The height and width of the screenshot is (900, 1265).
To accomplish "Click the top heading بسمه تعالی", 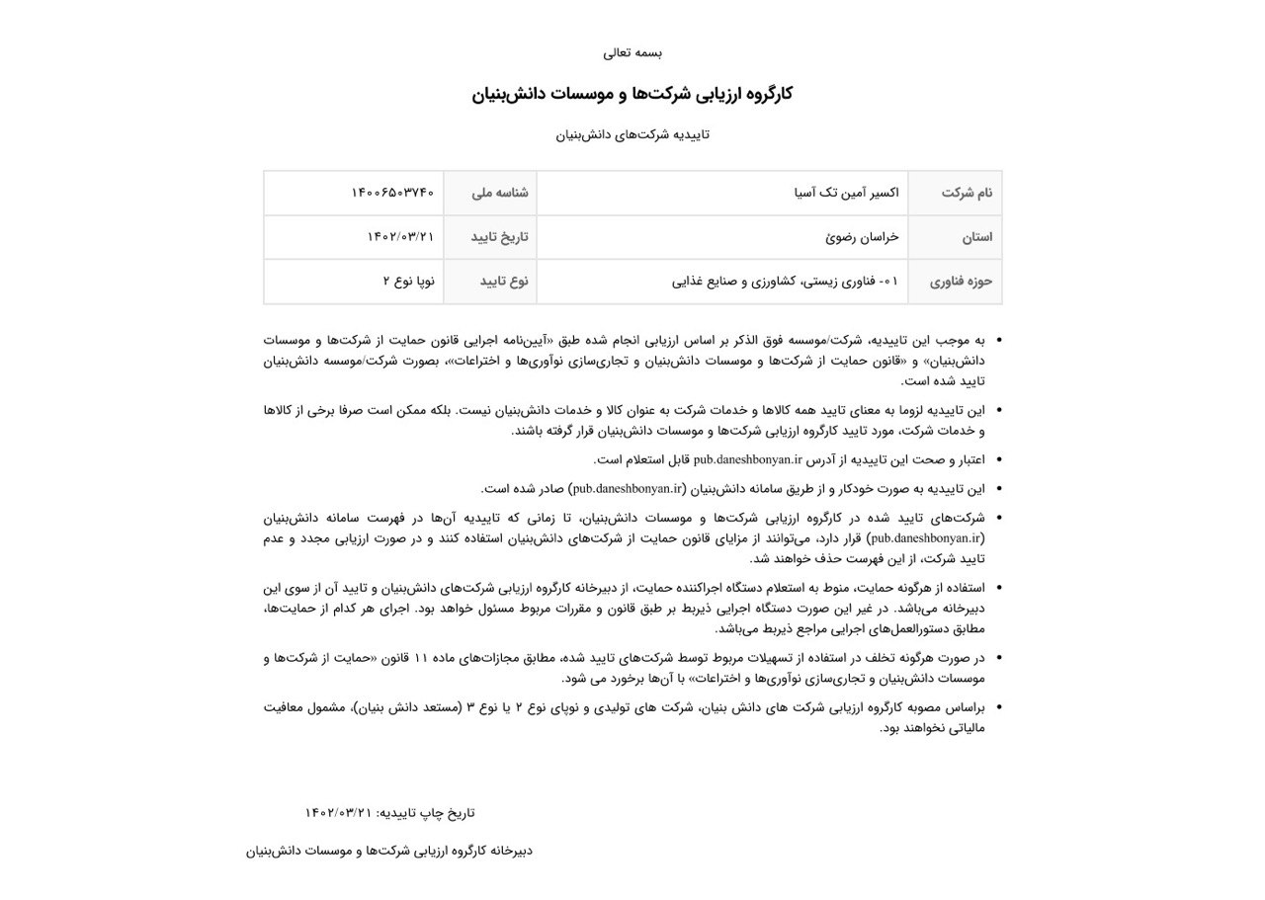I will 632,52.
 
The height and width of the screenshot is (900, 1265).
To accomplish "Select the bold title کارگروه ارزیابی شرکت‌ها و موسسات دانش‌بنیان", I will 632,94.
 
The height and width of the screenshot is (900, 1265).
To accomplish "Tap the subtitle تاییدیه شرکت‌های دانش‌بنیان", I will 632,134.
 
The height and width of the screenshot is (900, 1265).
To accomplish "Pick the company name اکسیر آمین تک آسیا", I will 847,193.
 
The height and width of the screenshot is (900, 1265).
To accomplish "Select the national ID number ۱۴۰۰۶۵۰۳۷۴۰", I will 392,193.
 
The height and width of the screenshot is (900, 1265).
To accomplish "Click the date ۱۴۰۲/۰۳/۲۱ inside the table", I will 400,237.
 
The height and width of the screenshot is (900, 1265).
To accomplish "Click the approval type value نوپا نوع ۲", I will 408,282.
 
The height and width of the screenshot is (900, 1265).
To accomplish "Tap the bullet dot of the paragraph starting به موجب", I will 997,340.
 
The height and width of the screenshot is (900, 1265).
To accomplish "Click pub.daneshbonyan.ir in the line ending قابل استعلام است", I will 747,459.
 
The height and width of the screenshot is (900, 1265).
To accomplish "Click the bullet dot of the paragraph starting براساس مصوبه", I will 997,707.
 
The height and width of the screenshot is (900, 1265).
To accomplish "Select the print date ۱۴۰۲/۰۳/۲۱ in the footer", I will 339,813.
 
